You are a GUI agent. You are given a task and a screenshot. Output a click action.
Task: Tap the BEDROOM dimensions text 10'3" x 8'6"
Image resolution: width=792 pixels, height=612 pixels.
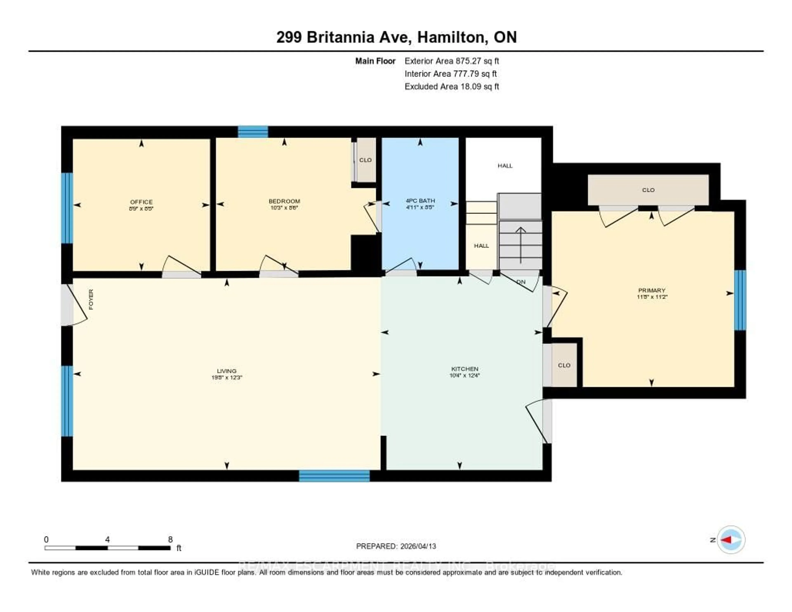point(284,208)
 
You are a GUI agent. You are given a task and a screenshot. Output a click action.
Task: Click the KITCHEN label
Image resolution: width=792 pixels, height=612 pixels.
point(464,369)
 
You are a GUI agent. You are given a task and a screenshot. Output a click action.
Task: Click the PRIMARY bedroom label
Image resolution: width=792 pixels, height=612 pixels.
point(652,290)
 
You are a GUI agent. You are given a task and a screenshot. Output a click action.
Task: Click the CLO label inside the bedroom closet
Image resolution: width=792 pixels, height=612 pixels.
point(365,160)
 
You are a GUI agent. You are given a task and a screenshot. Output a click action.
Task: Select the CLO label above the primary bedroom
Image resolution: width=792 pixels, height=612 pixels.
point(648,190)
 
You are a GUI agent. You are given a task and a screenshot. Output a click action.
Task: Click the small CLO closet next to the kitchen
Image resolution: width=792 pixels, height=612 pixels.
point(564,365)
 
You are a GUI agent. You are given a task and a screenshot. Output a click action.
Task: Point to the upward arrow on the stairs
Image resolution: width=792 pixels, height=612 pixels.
point(521,245)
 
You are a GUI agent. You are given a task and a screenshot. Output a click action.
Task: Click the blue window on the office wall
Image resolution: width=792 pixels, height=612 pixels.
point(67,208)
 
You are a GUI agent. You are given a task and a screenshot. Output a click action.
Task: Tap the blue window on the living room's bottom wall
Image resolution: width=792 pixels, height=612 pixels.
point(334,476)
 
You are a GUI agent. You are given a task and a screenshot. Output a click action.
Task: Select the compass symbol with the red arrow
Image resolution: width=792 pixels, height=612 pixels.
point(731,539)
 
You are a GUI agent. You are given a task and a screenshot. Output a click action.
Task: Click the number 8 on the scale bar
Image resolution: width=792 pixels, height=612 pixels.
point(170,539)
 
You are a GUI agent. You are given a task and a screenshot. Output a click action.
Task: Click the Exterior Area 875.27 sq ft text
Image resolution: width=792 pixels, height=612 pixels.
point(451,61)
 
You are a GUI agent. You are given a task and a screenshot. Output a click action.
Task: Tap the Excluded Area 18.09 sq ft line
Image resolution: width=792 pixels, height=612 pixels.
point(451,86)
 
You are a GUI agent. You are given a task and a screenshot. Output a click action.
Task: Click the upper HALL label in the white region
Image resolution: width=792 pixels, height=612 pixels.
point(505,166)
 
